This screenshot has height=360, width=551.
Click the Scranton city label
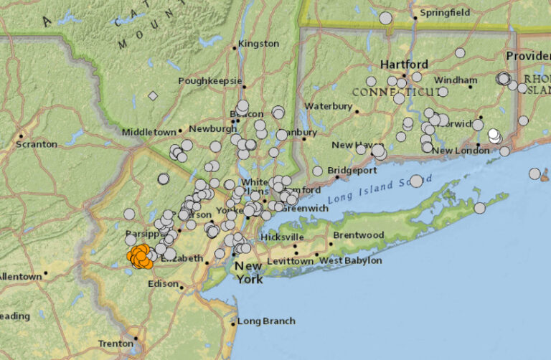37,143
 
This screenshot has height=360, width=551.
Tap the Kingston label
258,43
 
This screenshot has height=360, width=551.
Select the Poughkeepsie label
210,81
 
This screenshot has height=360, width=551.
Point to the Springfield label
445,12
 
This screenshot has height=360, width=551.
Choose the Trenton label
116,344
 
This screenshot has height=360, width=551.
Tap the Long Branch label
266,321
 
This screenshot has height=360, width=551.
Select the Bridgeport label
352,170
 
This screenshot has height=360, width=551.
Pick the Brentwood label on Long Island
358,235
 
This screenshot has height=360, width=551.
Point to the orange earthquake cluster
140,256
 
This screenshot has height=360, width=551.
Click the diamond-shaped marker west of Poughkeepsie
153,95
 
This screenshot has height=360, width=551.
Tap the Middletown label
149,132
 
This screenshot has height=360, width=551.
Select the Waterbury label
328,106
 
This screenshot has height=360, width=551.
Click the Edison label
164,283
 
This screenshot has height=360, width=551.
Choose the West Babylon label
350,260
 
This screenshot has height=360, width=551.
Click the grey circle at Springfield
385,18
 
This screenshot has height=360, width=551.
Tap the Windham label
455,80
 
